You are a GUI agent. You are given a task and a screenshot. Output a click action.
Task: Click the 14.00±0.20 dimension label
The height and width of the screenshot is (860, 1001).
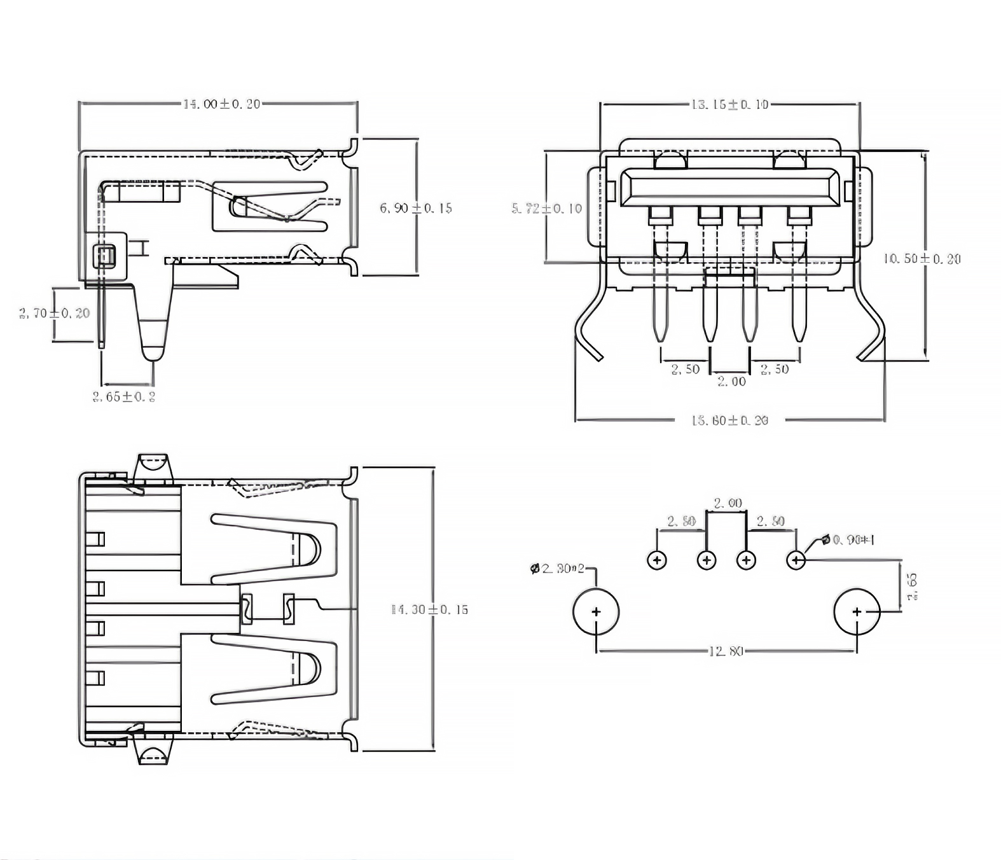(221, 104)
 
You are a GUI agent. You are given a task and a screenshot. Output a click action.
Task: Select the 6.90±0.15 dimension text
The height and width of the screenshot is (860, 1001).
(416, 208)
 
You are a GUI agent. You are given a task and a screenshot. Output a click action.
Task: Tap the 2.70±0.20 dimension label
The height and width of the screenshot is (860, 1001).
(55, 313)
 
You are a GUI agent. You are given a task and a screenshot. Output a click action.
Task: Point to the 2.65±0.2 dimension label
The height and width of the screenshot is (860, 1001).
(124, 397)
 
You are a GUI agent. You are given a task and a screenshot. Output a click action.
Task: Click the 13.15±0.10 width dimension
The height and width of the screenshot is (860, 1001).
(729, 104)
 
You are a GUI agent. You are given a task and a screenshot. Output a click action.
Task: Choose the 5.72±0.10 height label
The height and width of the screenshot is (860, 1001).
(547, 208)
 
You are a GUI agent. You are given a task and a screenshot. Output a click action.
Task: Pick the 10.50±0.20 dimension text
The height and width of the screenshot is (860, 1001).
(922, 259)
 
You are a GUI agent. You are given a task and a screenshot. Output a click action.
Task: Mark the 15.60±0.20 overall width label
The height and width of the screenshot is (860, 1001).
(729, 420)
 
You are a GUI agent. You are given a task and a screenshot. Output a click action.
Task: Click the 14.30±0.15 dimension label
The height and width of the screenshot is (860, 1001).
(429, 609)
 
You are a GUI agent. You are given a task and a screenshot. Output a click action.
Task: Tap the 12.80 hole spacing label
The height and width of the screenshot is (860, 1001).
(726, 651)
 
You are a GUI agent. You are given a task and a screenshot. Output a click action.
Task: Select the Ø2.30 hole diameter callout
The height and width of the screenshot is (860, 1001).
(558, 568)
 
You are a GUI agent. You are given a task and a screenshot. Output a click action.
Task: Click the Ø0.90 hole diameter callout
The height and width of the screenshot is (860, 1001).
(848, 540)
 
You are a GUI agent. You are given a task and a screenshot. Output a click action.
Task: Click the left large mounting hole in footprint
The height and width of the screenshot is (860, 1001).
(596, 612)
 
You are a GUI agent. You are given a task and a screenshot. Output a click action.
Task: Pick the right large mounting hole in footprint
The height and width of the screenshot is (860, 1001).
(857, 612)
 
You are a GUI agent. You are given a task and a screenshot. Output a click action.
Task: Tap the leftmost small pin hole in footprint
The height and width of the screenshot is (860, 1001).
(657, 560)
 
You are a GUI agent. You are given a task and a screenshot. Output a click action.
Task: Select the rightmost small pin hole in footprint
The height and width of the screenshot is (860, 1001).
(796, 560)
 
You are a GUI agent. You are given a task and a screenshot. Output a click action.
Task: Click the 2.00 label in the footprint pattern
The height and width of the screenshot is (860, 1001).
(728, 503)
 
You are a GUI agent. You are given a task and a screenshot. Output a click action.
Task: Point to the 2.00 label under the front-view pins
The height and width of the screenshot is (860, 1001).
(731, 382)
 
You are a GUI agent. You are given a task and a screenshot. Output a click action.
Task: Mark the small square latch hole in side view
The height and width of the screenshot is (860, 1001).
(104, 256)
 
